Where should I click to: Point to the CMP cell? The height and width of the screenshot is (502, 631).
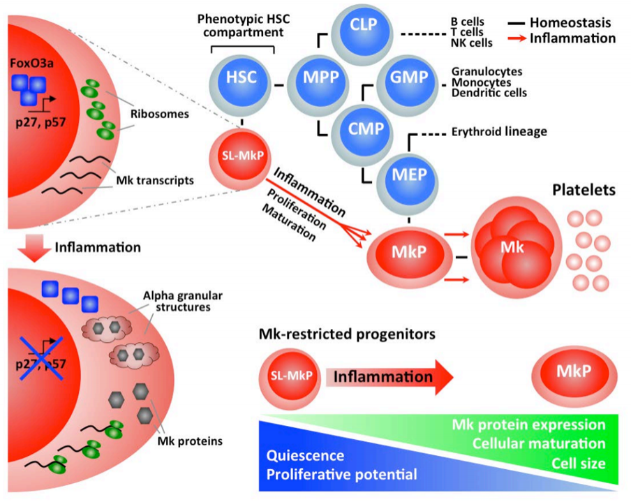click(x=362, y=128)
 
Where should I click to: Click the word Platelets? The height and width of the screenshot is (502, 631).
click(x=583, y=190)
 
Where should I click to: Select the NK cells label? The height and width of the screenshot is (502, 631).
click(x=471, y=43)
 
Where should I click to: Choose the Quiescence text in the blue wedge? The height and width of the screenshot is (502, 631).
click(x=305, y=456)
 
